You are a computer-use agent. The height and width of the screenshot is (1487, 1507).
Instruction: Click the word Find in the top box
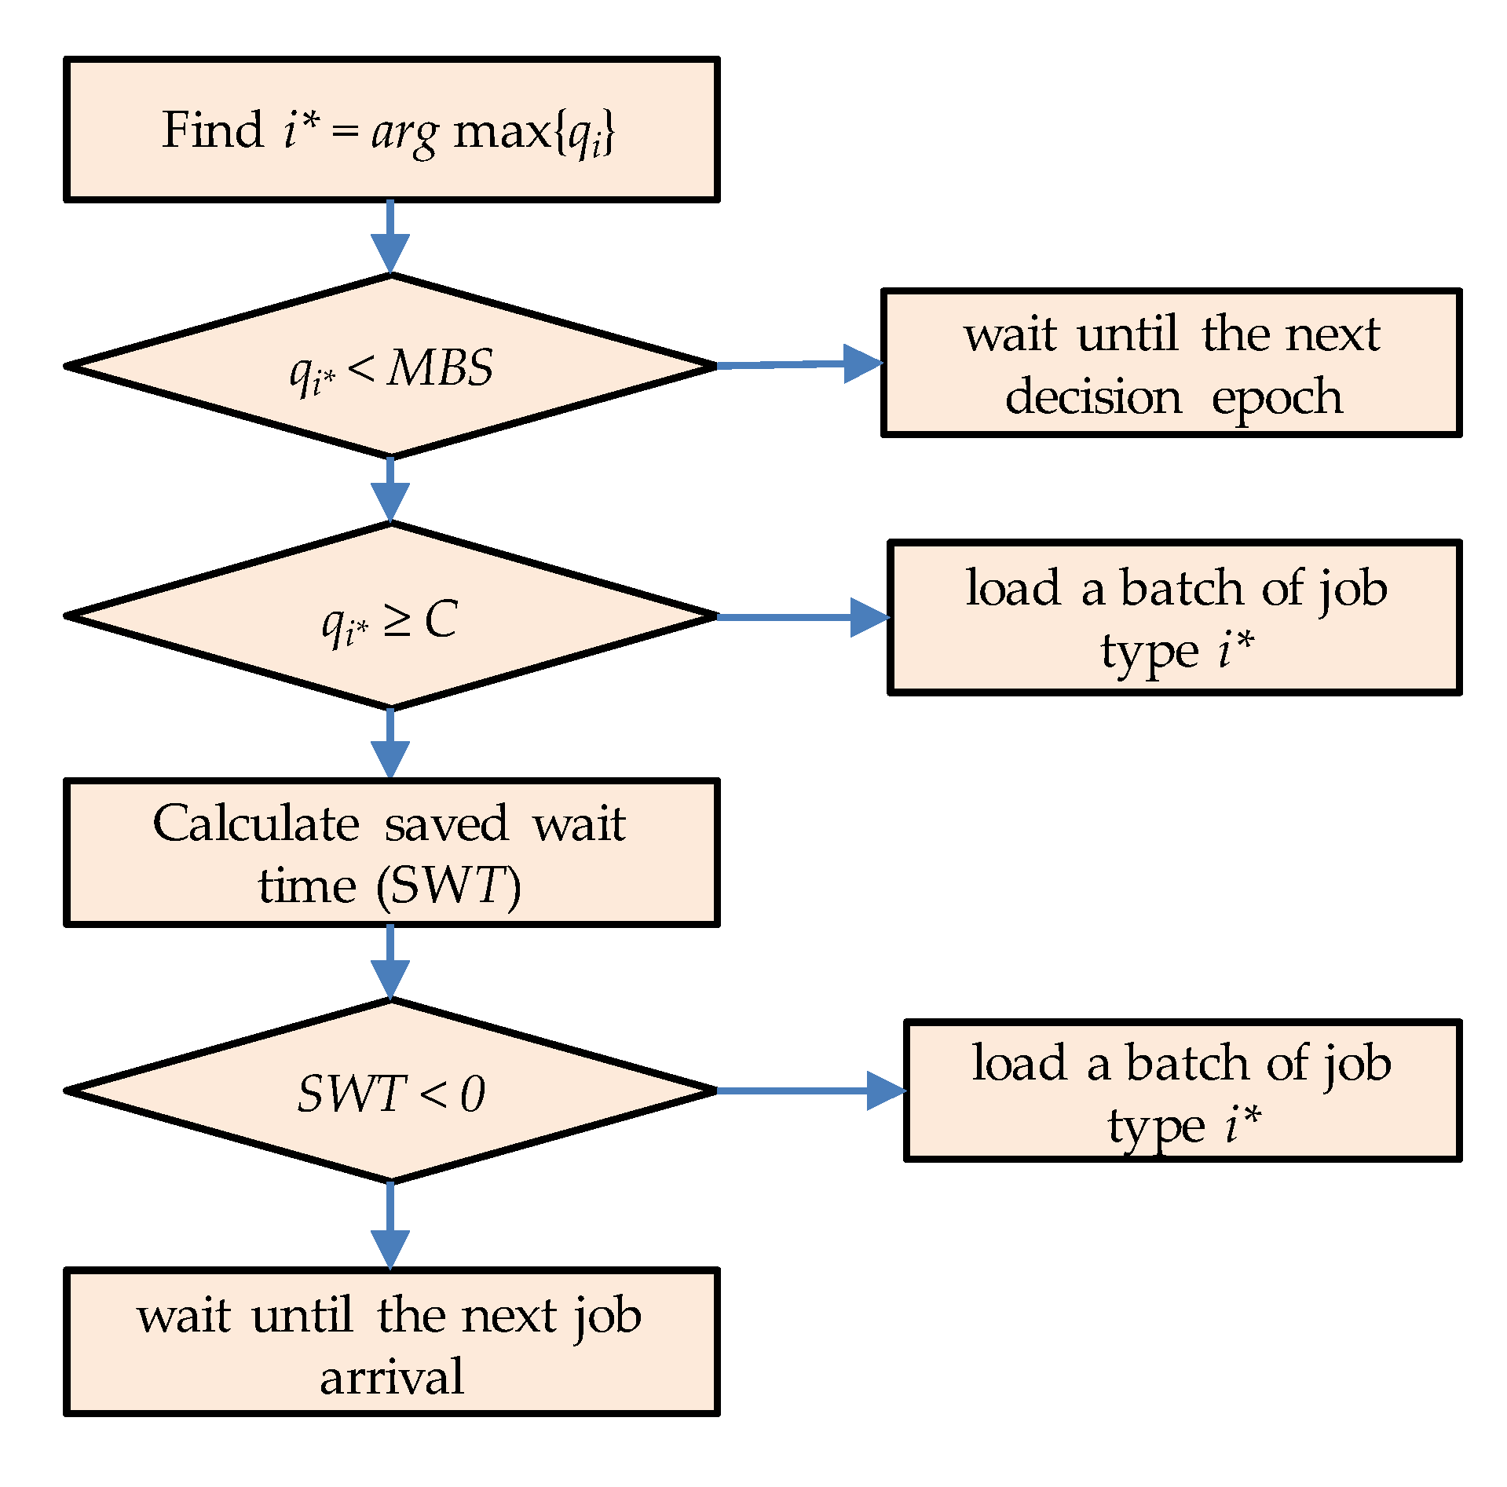pos(212,130)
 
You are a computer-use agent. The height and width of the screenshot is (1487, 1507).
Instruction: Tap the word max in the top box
pos(502,132)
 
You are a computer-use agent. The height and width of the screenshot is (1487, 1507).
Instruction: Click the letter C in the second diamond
pos(441,619)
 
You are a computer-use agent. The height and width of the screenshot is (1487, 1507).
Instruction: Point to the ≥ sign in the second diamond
pos(397,622)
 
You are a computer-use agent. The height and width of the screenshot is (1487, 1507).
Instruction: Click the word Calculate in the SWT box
pos(256,824)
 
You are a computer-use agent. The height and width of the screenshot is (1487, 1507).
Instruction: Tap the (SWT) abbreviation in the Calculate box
pos(448,886)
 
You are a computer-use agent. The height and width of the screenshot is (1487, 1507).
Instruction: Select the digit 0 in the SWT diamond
pos(473,1094)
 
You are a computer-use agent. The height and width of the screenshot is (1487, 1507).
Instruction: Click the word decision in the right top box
pos(1093,396)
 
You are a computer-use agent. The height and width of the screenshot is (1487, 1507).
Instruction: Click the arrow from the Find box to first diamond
pos(390,236)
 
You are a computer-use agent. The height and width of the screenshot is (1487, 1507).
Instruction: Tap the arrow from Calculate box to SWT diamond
pos(390,962)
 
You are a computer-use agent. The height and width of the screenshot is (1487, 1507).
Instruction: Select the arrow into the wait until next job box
pos(390,1225)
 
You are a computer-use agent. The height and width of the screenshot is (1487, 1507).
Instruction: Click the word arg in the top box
pos(404,133)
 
